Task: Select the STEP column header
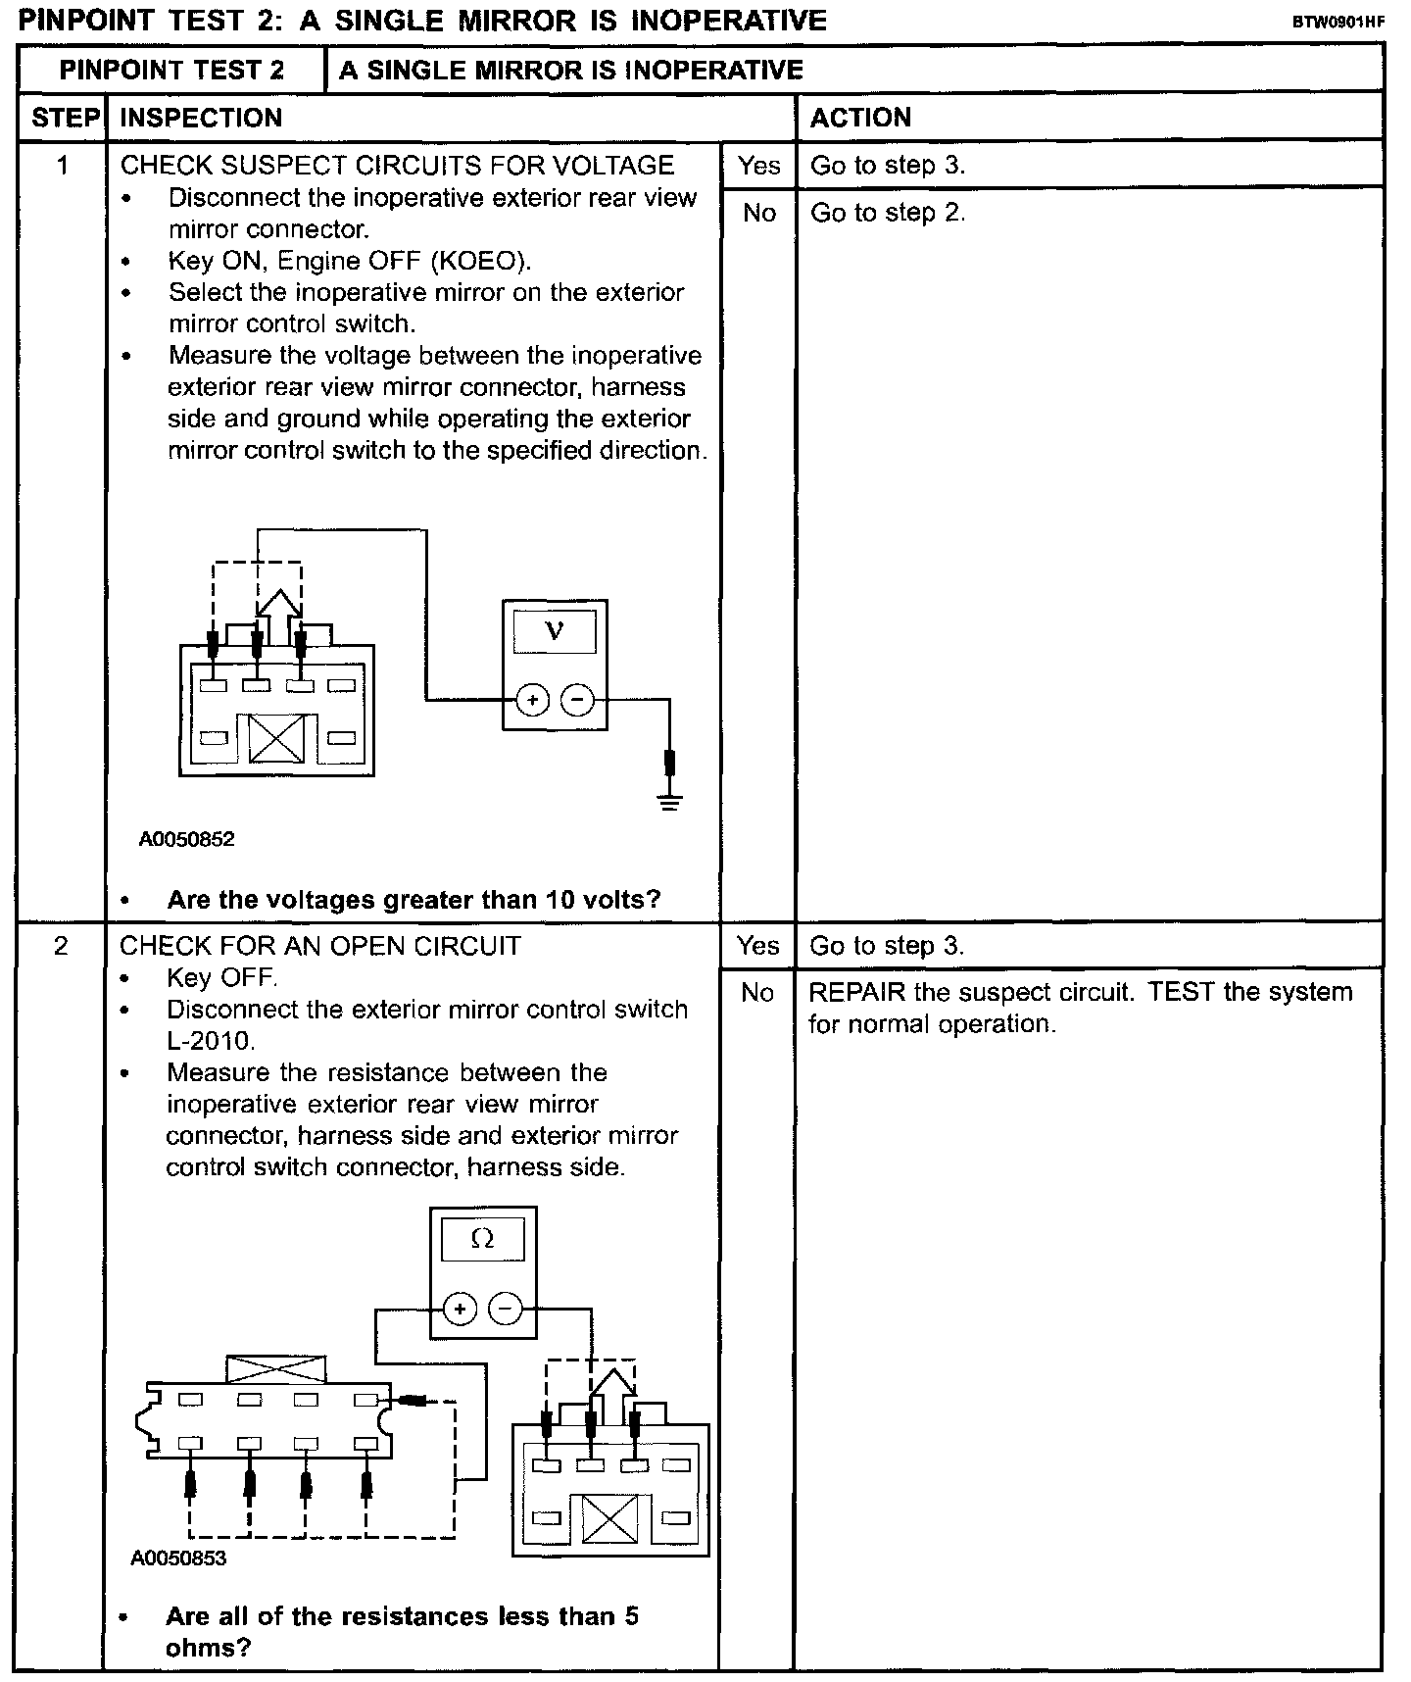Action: pyautogui.click(x=66, y=118)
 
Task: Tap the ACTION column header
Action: pyautogui.click(x=860, y=118)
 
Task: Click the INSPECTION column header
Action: pyautogui.click(x=201, y=118)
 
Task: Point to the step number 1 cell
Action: pyautogui.click(x=63, y=166)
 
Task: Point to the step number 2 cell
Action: pyautogui.click(x=61, y=946)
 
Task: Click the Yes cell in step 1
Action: pyautogui.click(x=759, y=166)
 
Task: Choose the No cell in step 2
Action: pyautogui.click(x=757, y=993)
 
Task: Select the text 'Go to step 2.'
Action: pyautogui.click(x=888, y=213)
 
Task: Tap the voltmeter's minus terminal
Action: pyautogui.click(x=577, y=700)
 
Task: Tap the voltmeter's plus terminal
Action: pyautogui.click(x=532, y=700)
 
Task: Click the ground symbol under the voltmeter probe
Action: pyautogui.click(x=670, y=803)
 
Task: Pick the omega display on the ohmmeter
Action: pyautogui.click(x=483, y=1239)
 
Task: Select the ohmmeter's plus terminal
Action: pyautogui.click(x=460, y=1309)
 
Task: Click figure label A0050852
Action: pyautogui.click(x=186, y=839)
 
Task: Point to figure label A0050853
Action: pyautogui.click(x=178, y=1558)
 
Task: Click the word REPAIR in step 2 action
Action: pyautogui.click(x=856, y=992)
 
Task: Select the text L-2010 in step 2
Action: pyautogui.click(x=211, y=1040)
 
